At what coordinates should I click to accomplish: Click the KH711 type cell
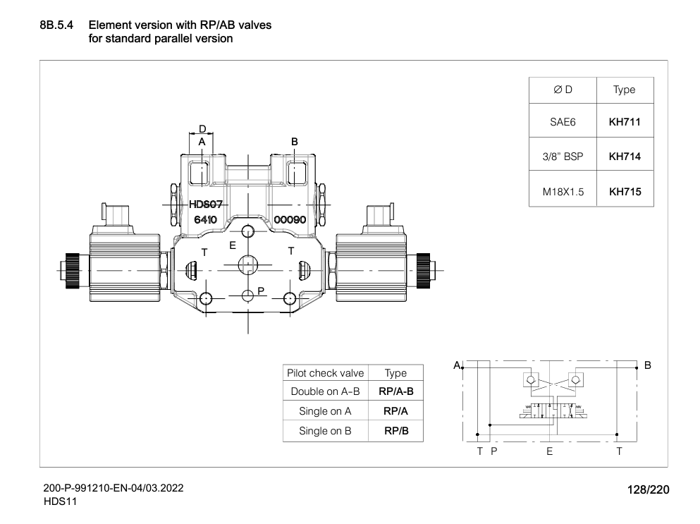[x=624, y=122]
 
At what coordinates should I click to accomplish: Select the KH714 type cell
[x=624, y=157]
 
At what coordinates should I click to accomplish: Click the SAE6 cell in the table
[x=563, y=122]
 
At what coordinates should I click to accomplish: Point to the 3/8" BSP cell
[x=563, y=157]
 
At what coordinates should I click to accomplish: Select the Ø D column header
[x=563, y=90]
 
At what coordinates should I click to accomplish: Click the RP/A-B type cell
[x=395, y=391]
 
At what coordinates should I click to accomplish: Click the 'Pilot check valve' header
[x=325, y=373]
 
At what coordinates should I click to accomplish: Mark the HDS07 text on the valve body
[x=206, y=205]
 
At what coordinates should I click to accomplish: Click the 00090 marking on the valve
[x=289, y=219]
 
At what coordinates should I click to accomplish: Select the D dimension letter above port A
[x=202, y=129]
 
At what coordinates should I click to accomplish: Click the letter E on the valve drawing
[x=232, y=245]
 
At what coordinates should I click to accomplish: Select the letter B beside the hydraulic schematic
[x=648, y=365]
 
